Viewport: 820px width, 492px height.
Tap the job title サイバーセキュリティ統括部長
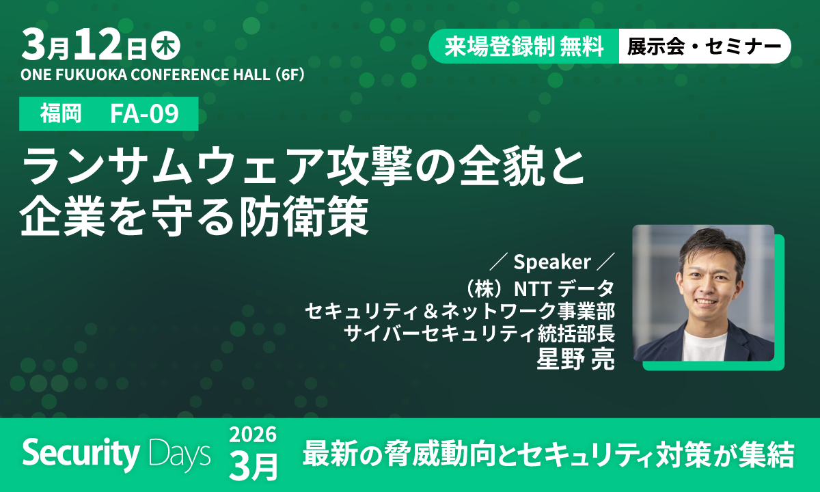(x=480, y=335)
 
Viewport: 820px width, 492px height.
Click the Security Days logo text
(x=116, y=453)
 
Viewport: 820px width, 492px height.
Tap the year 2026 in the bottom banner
(x=253, y=435)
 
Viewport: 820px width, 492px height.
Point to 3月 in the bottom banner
(x=254, y=465)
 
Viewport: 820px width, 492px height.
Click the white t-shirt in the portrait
(x=704, y=345)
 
